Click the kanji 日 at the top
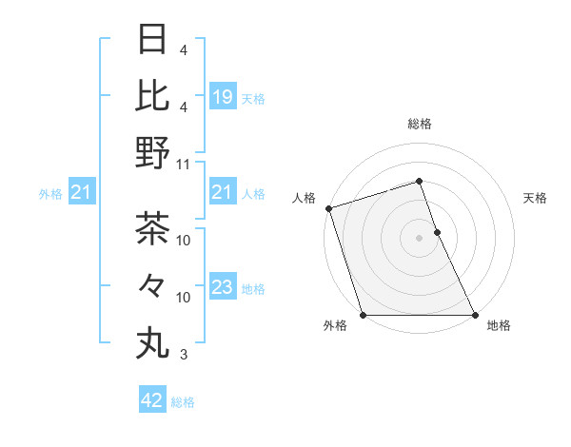click(x=153, y=39)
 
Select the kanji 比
click(x=153, y=95)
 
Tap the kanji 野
click(x=153, y=152)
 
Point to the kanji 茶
click(x=153, y=228)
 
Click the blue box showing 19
click(x=222, y=96)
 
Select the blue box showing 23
click(x=222, y=287)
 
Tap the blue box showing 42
click(x=152, y=400)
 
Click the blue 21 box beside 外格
click(x=82, y=193)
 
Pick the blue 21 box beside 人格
click(x=222, y=193)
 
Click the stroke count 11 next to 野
click(x=184, y=164)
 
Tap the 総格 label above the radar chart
click(x=420, y=124)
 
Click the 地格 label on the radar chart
click(x=499, y=326)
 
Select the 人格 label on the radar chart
click(x=305, y=198)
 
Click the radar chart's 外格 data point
click(x=363, y=315)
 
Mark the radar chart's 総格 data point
click(x=419, y=181)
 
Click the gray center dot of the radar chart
click(x=419, y=238)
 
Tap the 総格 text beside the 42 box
click(x=183, y=401)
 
